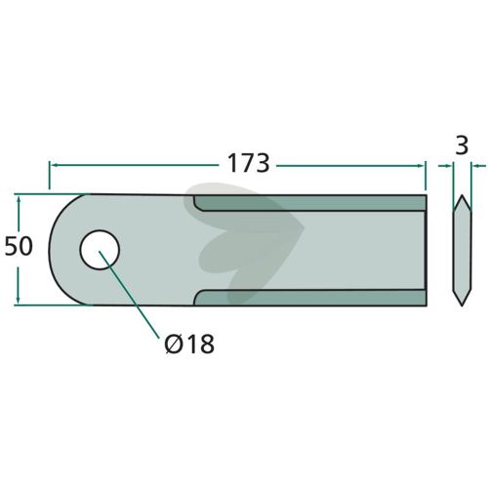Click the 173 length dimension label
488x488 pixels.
coord(249,163)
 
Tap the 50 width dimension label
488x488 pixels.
coord(19,246)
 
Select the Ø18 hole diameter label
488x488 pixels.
coord(189,344)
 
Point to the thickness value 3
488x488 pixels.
coord(462,145)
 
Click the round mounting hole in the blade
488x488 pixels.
coord(100,250)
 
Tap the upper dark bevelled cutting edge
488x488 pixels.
coord(310,203)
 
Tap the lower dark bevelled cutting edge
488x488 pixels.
coord(310,298)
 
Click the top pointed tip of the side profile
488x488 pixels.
coord(462,195)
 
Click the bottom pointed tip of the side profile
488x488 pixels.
coord(462,305)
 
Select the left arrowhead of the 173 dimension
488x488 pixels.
coord(53,165)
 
